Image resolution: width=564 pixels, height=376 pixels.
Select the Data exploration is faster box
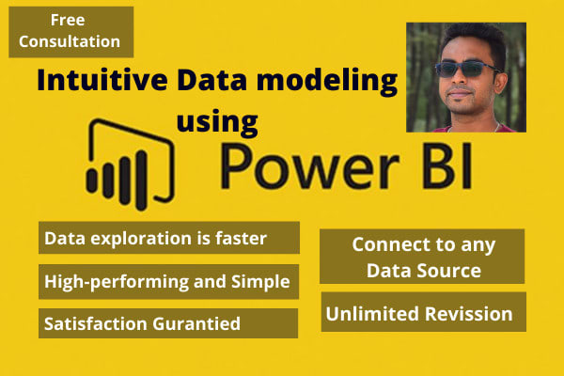tap(170, 239)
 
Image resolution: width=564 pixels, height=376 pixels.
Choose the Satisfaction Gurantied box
tap(170, 322)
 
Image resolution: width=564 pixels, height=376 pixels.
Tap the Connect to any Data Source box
tap(421, 257)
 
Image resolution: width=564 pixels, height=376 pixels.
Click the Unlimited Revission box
tap(422, 313)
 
